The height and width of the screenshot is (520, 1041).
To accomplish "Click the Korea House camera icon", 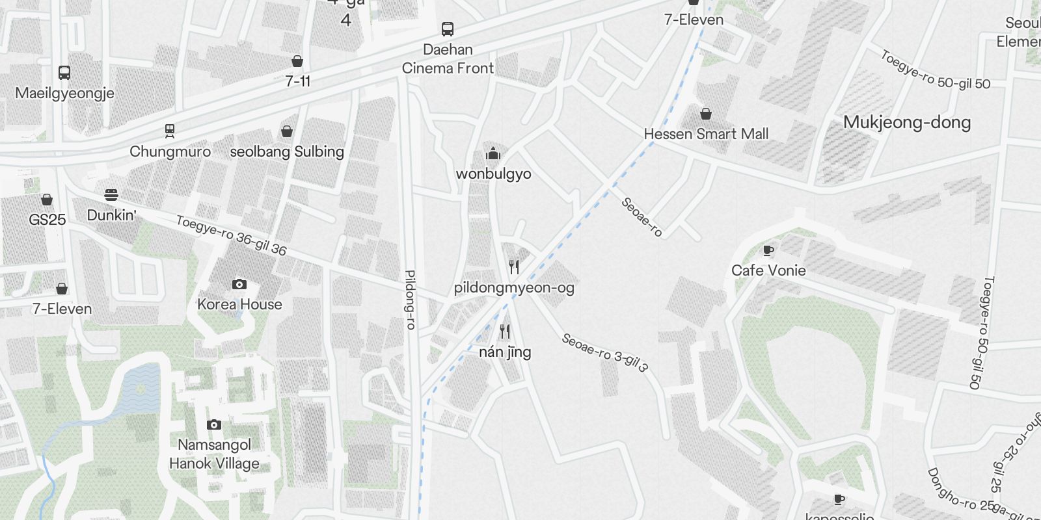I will [x=239, y=284].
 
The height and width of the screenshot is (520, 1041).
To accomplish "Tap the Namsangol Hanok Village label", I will [x=214, y=454].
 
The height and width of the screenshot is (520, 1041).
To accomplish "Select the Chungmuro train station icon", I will [x=170, y=131].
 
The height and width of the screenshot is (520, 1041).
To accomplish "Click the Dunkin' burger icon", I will [x=111, y=195].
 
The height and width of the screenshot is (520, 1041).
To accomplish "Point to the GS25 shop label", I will [x=47, y=220].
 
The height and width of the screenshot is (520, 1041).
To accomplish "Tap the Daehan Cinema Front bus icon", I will [x=448, y=29].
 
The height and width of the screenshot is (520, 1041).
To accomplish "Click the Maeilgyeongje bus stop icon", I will [x=64, y=72].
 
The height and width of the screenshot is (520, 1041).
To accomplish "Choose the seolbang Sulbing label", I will [x=287, y=151].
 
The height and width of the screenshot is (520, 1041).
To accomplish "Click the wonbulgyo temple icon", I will [x=493, y=154].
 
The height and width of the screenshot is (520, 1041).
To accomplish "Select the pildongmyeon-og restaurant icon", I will [x=514, y=266].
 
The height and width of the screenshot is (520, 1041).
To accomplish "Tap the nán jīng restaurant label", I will [x=505, y=352].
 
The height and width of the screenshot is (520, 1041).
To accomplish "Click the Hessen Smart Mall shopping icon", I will [x=706, y=114].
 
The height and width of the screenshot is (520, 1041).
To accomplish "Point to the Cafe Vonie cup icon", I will [x=768, y=251].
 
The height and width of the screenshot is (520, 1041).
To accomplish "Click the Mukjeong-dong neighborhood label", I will [x=906, y=122].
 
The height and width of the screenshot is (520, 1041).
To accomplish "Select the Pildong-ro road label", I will [x=411, y=299].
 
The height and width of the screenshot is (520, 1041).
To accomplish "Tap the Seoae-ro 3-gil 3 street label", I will [x=605, y=353].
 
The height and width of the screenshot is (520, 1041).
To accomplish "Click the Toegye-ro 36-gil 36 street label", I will [x=231, y=235].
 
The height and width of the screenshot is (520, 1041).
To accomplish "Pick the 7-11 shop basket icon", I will [x=297, y=62].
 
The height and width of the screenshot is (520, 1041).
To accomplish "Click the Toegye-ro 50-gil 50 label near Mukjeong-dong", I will [x=935, y=70].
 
